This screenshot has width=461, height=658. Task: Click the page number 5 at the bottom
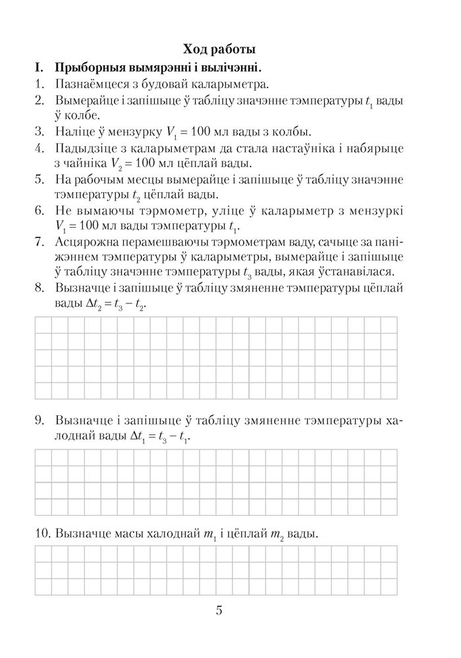(x=219, y=610)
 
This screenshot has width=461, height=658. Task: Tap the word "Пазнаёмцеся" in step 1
(x=95, y=84)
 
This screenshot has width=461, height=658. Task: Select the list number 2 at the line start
(x=40, y=101)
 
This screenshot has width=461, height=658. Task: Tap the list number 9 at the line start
(x=40, y=420)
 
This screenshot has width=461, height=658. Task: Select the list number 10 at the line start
(x=41, y=534)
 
